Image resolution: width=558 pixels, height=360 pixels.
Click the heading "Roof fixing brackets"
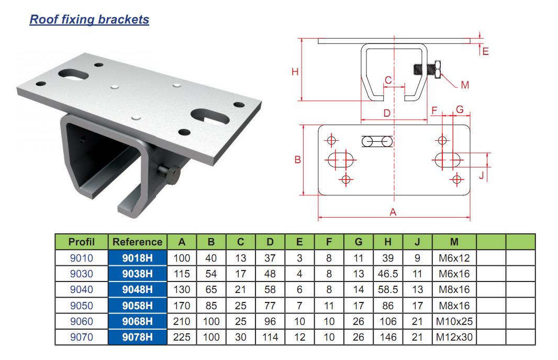tap(90, 19)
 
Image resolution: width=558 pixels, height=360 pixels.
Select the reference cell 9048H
tap(137, 289)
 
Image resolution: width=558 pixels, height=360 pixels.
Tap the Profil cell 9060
tap(82, 321)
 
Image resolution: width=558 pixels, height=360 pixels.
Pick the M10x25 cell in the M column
tap(454, 321)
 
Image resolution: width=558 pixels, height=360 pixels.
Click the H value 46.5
tap(388, 274)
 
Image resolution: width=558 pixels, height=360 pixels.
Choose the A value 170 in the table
tap(182, 306)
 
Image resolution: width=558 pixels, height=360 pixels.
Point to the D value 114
tap(270, 337)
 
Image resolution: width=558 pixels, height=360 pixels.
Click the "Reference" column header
tap(137, 242)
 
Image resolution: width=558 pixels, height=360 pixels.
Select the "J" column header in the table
tap(417, 242)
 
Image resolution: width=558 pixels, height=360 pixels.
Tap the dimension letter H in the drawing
tap(295, 72)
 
